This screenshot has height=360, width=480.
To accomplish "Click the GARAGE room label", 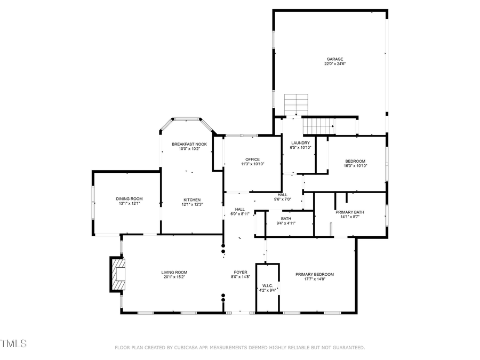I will [x=335, y=59].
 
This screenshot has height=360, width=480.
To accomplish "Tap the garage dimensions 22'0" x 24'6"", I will [x=335, y=64].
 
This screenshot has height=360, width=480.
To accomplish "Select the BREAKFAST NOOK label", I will [x=189, y=144].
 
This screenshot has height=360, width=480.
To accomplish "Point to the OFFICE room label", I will [x=252, y=159].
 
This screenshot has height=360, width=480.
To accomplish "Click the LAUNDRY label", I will [x=300, y=143].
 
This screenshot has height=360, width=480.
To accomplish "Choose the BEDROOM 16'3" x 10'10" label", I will [x=355, y=162].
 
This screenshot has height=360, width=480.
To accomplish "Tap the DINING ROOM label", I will [x=130, y=199].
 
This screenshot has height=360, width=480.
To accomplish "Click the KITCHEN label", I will [x=192, y=199].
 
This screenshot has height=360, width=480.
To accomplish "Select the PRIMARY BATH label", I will [x=350, y=212].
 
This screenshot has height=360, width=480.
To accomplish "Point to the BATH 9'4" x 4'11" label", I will [x=286, y=219].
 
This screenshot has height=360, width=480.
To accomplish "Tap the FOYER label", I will [x=241, y=272].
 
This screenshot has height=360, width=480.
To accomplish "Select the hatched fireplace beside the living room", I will [x=118, y=274].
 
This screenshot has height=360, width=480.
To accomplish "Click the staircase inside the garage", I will [x=297, y=103].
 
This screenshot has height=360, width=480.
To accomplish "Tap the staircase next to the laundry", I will [x=318, y=127].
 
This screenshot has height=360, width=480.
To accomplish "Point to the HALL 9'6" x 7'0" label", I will [x=283, y=195].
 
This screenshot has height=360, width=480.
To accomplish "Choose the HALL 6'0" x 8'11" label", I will [x=240, y=209].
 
